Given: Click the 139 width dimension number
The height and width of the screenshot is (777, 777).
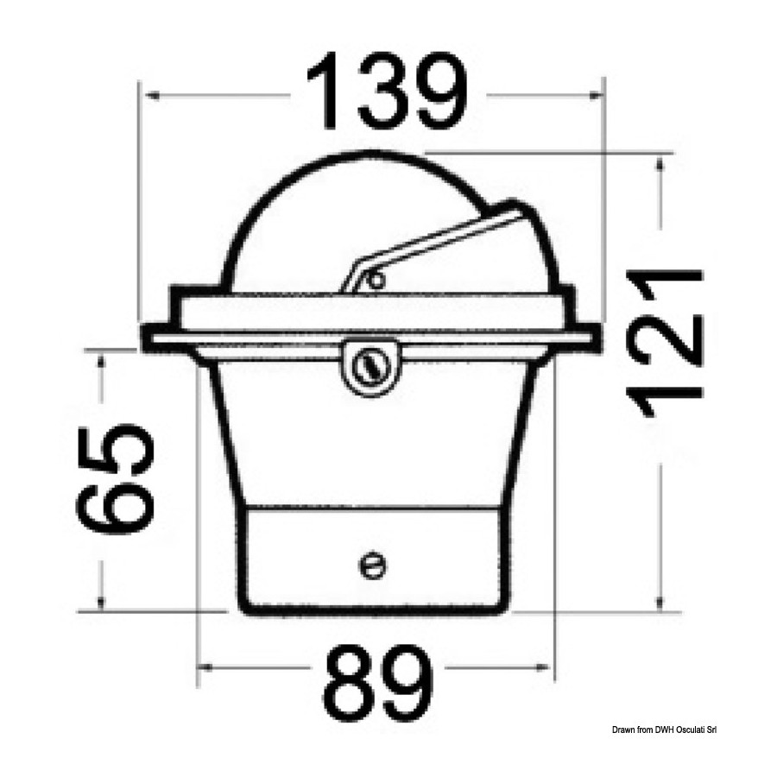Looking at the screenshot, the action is point(387,91).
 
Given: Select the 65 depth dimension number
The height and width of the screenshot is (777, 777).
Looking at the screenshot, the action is point(115,479).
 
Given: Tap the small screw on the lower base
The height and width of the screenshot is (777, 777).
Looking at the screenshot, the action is point(372,565).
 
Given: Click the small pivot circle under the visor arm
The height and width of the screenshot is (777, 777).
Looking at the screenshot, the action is point(376,281).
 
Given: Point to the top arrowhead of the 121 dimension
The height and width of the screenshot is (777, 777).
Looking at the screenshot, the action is point(660,161).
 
